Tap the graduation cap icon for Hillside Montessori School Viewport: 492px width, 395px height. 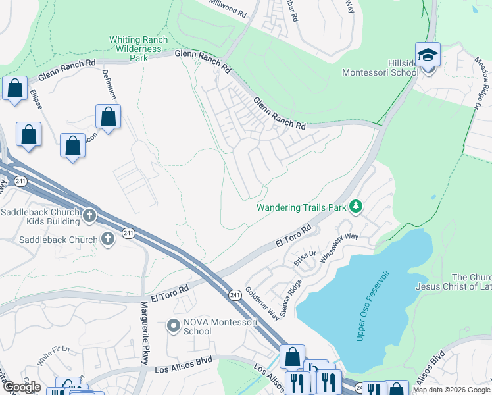coord(428,55)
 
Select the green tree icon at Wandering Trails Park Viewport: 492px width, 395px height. coord(356,207)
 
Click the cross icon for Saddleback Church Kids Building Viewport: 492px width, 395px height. coord(90,215)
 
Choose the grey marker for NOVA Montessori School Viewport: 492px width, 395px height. coord(174,325)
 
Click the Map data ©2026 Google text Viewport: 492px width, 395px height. coord(451,390)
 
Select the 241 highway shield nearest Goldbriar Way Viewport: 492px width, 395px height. coord(234,294)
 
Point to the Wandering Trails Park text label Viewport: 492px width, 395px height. coord(301,207)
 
